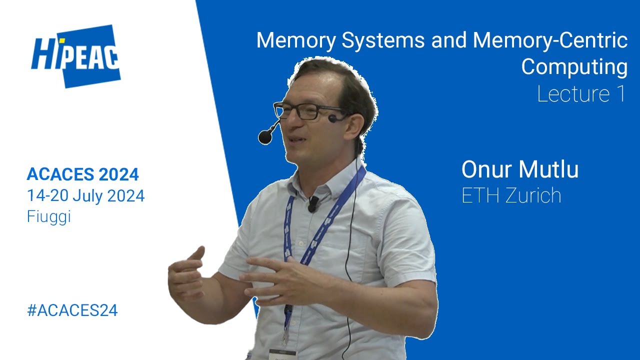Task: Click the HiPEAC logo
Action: click(76, 56)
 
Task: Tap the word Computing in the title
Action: click(574, 67)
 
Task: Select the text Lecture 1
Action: click(581, 94)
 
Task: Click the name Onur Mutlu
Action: click(519, 169)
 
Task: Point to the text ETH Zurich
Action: click(511, 195)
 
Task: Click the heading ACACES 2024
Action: click(82, 174)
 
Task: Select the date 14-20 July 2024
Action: click(85, 196)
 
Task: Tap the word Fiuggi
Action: click(48, 217)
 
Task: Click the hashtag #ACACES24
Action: click(72, 310)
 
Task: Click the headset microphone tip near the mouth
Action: click(264, 136)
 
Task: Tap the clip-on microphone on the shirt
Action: click(313, 203)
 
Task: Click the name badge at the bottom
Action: click(282, 354)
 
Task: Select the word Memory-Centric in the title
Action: click(549, 40)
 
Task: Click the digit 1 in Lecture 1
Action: click(620, 94)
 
